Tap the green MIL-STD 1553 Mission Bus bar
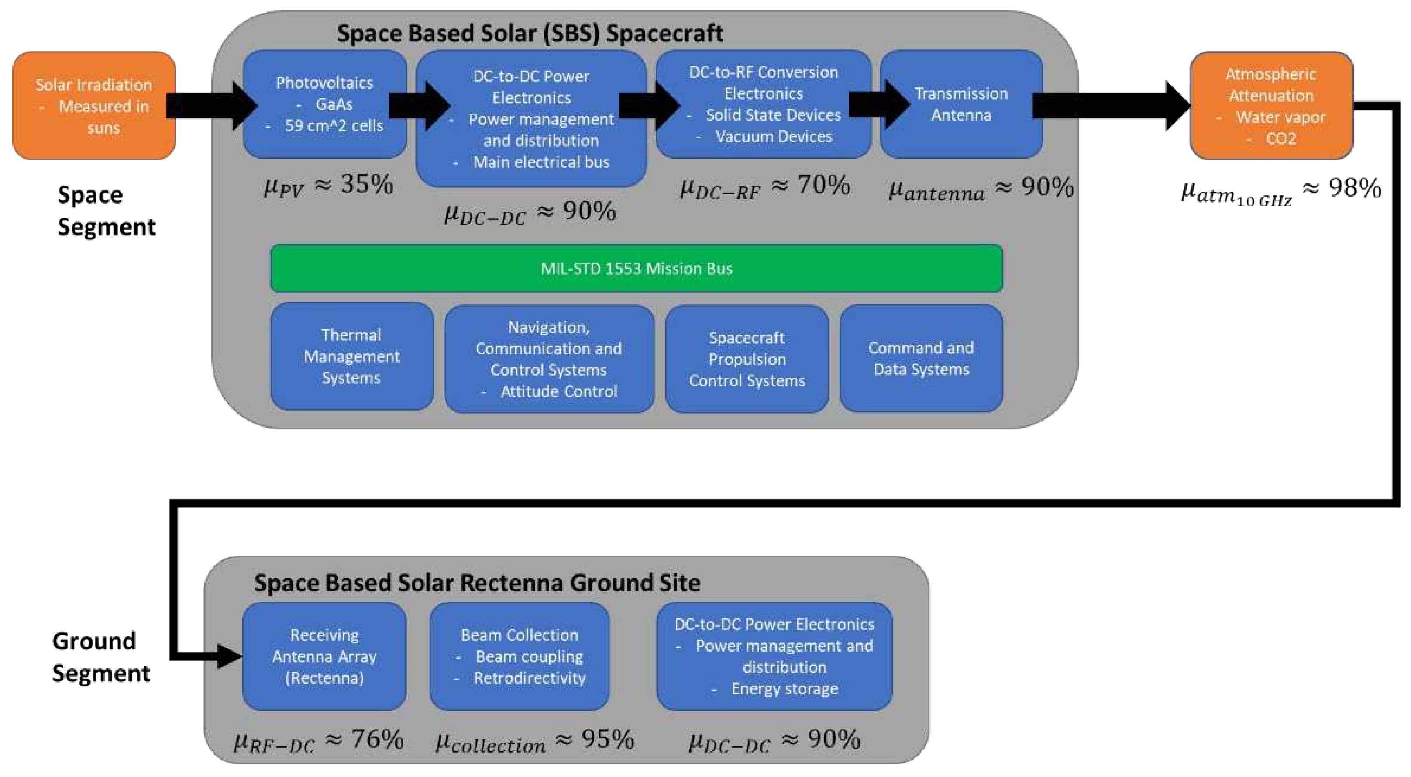click(x=636, y=268)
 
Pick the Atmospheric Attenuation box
click(x=1271, y=105)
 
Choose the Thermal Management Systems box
click(x=351, y=356)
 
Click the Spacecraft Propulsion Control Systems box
click(x=747, y=359)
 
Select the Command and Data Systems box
click(x=921, y=358)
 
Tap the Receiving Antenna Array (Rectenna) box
click(x=324, y=656)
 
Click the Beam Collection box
click(x=519, y=656)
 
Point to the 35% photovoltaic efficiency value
click(x=366, y=184)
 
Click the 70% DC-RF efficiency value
click(x=823, y=185)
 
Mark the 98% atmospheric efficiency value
click(x=1355, y=188)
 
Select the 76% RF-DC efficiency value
click(x=377, y=739)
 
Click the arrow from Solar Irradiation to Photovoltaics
click(x=211, y=105)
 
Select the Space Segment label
click(x=106, y=211)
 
